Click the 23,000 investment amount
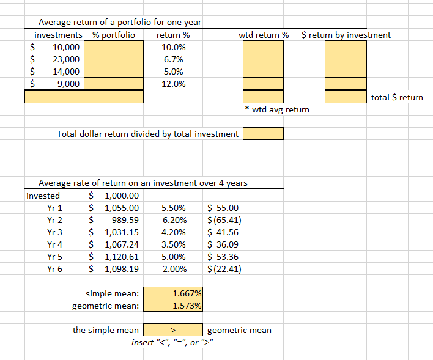[65, 59]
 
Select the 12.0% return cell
[174, 84]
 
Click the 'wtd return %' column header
[264, 35]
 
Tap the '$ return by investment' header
[346, 35]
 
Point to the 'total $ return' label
[397, 97]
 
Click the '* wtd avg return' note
[276, 109]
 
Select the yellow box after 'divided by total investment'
[264, 133]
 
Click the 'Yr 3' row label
[54, 232]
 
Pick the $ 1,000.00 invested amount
[116, 196]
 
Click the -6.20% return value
[173, 220]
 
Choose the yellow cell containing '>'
[173, 330]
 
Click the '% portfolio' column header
[114, 35]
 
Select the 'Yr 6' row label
[54, 269]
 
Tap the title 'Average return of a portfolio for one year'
[120, 23]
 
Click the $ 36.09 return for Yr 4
[224, 244]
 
